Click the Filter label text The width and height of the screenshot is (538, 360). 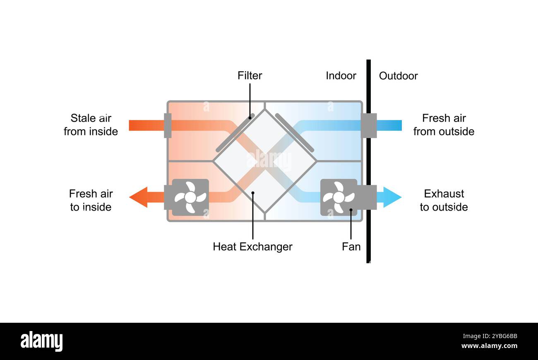250,76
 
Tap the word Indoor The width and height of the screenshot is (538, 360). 341,76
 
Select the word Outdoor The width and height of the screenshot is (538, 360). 398,76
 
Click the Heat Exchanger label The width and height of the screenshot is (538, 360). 252,247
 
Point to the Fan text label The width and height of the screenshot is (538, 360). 351,247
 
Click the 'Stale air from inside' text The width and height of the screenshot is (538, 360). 91,125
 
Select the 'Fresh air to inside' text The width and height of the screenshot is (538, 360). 91,200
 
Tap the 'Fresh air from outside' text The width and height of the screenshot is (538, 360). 444,125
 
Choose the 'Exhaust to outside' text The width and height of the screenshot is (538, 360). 444,200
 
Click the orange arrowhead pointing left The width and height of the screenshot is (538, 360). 139,197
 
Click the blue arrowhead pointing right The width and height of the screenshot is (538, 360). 391,197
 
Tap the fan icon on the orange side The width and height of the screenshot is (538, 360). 190,197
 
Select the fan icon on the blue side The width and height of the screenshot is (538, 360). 339,197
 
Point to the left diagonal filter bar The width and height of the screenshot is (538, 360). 235,133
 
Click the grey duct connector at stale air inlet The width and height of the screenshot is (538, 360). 168,125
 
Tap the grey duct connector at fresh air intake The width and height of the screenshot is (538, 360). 368,125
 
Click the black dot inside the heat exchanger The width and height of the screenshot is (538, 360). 252,192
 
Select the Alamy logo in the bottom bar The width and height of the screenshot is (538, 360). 42,342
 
